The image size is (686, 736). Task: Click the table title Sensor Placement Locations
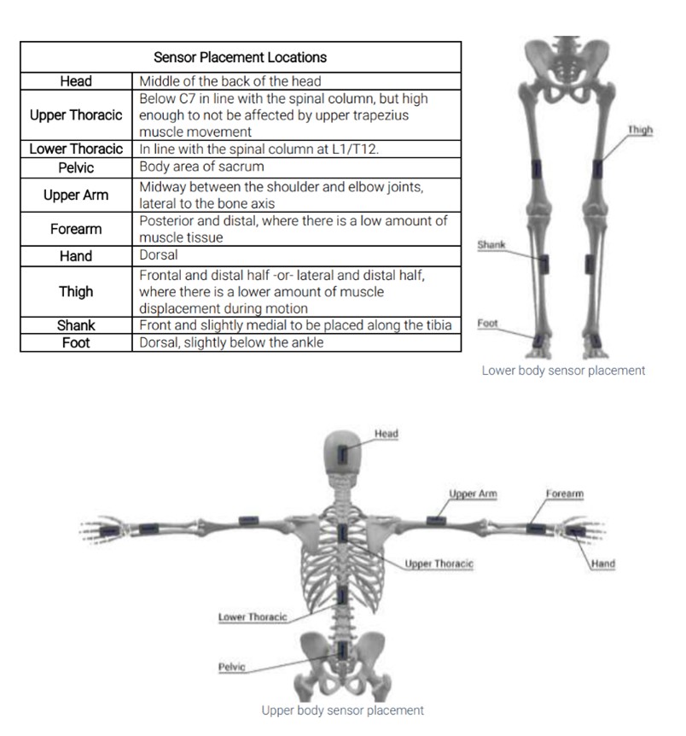(240, 57)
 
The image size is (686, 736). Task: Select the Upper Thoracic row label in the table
(76, 115)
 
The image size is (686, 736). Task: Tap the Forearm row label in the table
(76, 229)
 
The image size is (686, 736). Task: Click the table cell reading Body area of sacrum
(201, 166)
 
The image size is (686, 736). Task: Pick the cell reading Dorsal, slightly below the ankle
(231, 342)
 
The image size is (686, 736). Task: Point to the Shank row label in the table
(76, 325)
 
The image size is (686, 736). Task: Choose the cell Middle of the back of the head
(230, 81)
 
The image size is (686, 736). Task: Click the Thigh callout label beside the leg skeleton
(640, 130)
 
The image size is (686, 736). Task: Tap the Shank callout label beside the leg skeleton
(491, 244)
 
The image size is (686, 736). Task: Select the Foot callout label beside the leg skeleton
(487, 324)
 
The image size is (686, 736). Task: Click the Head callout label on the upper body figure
(387, 434)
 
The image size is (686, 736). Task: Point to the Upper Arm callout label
(473, 494)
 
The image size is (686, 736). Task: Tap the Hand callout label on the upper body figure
(603, 564)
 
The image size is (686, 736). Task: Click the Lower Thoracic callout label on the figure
(253, 616)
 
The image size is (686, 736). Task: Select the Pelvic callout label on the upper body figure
(232, 667)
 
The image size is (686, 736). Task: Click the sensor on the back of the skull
(343, 454)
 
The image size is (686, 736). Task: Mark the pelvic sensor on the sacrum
(343, 651)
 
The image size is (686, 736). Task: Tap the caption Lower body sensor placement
(563, 371)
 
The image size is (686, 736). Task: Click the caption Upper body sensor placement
(342, 710)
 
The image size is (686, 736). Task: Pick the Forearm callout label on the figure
(565, 494)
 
